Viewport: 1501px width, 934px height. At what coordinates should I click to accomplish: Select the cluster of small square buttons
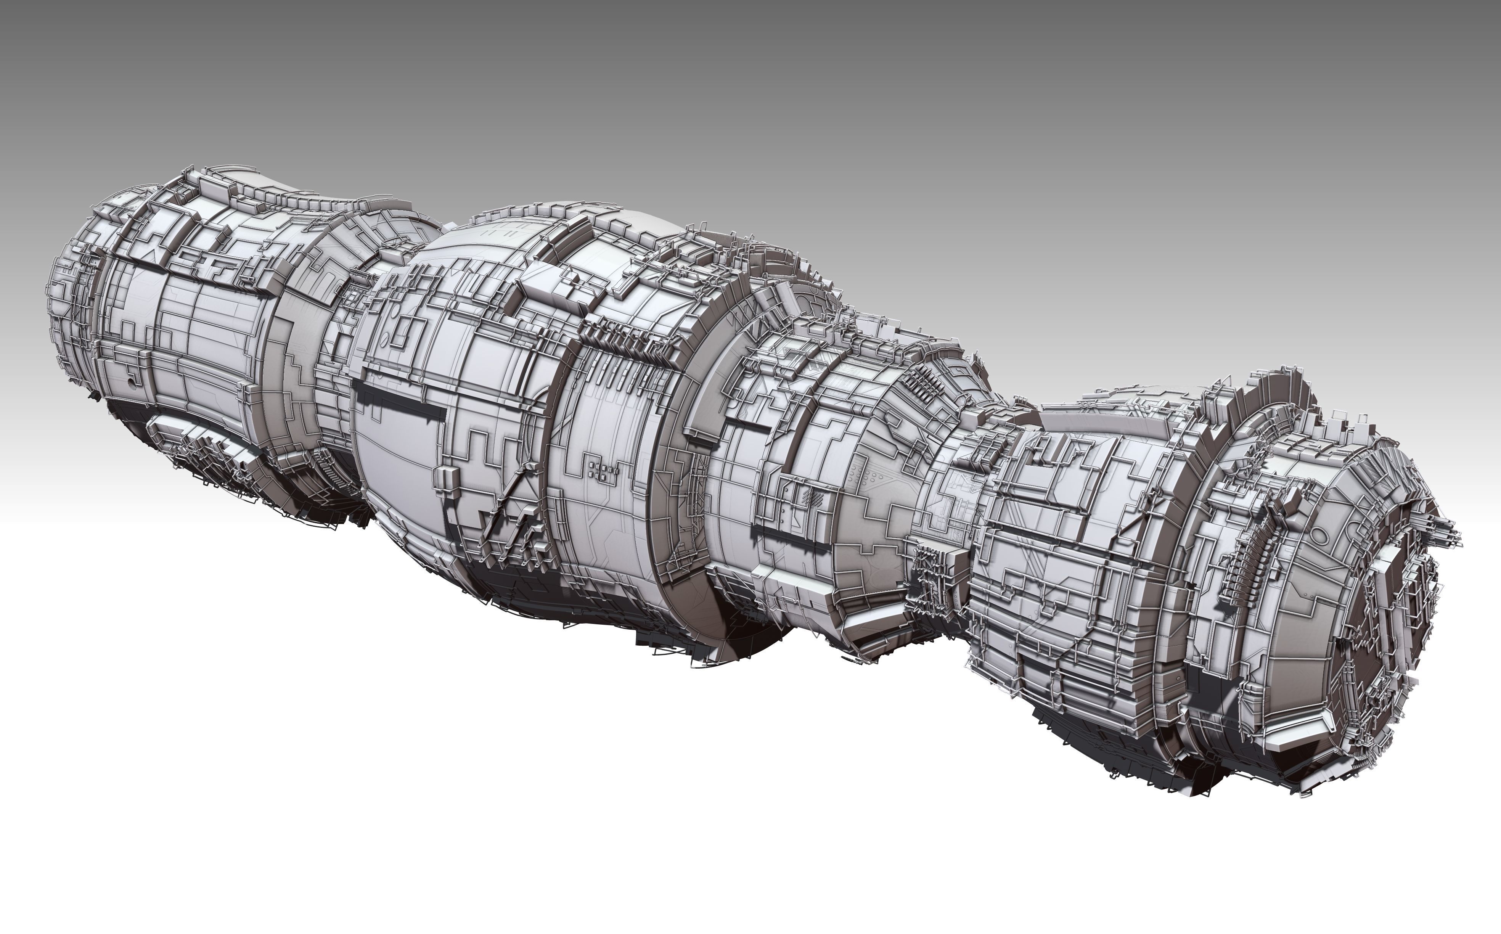click(602, 471)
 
